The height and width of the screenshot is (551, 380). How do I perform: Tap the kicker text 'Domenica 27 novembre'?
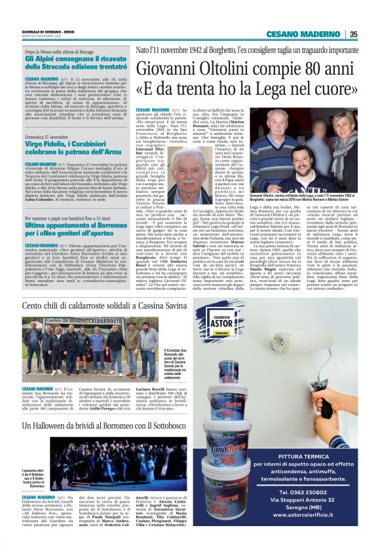tap(51, 136)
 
